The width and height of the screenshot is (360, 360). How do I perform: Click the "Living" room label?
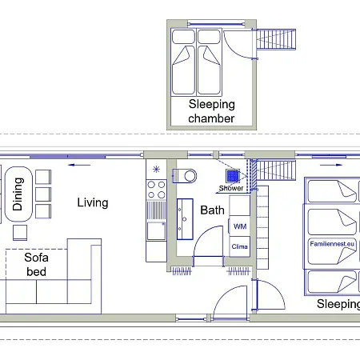pos(93,202)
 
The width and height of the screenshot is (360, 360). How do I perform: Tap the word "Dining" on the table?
pos(18,194)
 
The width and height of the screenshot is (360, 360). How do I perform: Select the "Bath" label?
pos(212,210)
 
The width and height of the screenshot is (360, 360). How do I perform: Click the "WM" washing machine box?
pos(239,226)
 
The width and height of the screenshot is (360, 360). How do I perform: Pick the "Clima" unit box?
pos(239,246)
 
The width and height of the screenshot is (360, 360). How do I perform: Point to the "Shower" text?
pos(231,188)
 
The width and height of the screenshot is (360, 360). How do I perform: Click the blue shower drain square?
pos(233,176)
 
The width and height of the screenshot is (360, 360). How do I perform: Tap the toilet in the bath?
pos(185,176)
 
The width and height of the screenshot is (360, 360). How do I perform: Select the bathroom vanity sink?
pos(185,219)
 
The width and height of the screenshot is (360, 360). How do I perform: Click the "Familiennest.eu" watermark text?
pos(332,244)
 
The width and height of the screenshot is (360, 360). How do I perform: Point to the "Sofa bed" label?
pos(36,265)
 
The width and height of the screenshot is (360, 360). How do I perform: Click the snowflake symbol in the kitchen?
pos(156,169)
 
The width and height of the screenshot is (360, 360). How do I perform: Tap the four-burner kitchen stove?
pos(157,190)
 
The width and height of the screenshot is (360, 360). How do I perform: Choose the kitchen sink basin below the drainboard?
pos(156,230)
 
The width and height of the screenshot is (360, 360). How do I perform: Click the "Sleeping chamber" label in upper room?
pos(211,111)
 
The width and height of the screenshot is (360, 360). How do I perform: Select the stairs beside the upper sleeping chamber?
pos(276,39)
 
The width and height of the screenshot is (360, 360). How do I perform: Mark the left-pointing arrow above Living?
pos(79,165)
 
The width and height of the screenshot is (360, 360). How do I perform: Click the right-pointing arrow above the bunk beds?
pos(331,165)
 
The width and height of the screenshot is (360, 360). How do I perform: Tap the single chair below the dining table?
pos(20,233)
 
